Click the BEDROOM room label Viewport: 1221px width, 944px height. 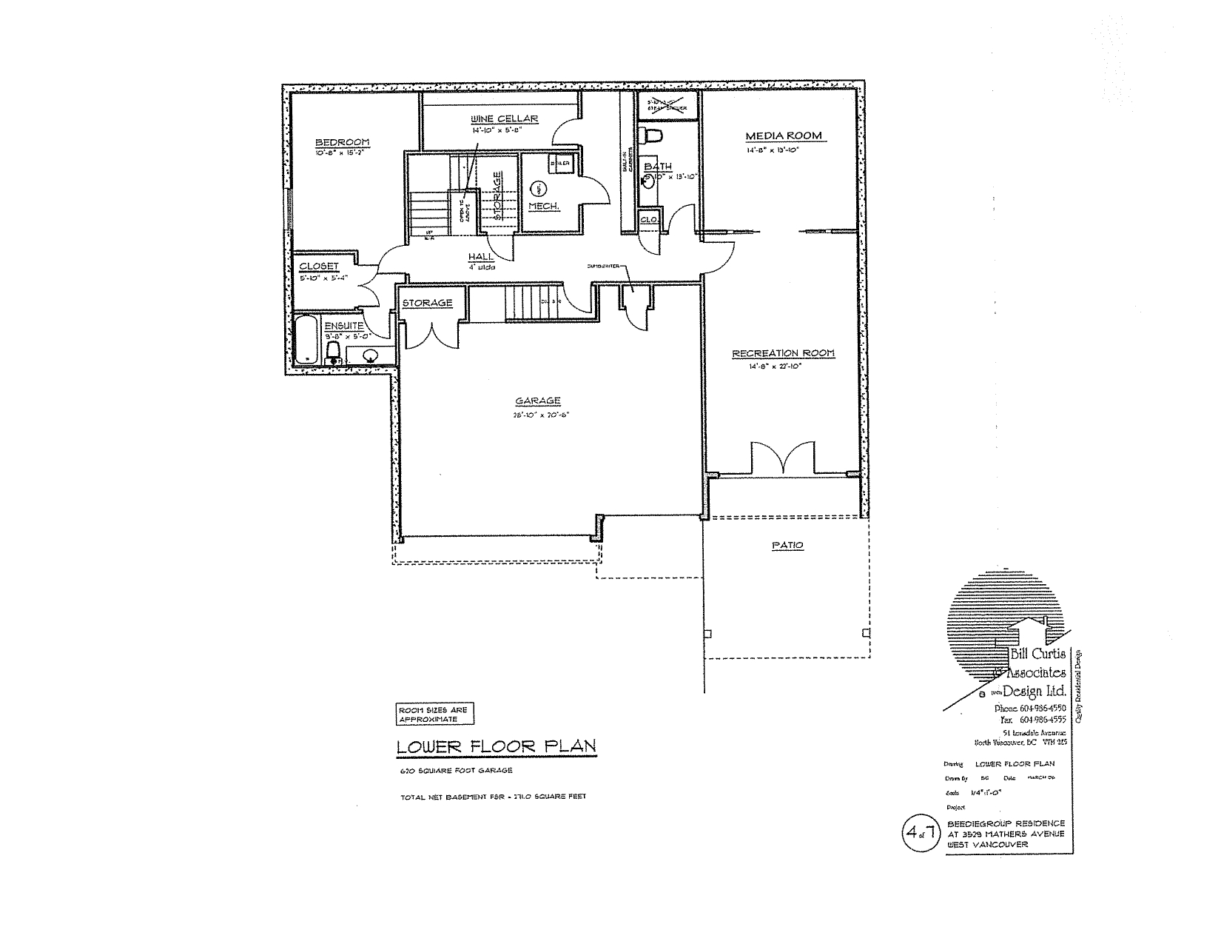click(342, 143)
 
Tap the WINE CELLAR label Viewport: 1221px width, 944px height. click(504, 119)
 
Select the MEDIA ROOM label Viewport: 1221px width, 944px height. click(784, 135)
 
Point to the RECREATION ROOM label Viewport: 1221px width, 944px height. click(783, 353)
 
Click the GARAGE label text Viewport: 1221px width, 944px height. click(538, 401)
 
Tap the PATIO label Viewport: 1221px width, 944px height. click(787, 545)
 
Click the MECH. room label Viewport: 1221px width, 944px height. click(542, 206)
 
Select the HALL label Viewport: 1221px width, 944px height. click(481, 257)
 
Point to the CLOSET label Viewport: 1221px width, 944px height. click(319, 267)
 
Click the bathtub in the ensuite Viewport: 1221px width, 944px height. click(306, 340)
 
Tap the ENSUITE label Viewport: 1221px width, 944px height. click(343, 325)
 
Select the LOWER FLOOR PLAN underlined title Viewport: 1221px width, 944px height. click(496, 746)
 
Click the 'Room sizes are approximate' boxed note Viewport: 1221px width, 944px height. click(434, 714)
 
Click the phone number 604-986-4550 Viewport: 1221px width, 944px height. click(1043, 708)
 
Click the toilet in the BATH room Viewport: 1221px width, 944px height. click(653, 135)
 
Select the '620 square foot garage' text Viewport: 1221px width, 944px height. click(455, 771)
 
